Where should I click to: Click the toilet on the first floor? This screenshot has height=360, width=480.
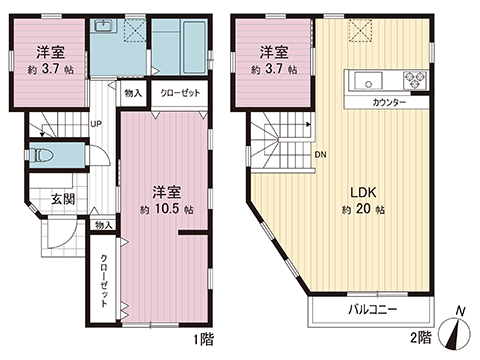pos(43,156)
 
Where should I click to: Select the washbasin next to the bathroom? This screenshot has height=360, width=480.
pos(104,31)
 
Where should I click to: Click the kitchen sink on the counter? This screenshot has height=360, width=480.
pos(364,81)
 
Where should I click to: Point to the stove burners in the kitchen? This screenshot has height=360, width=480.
pos(412,81)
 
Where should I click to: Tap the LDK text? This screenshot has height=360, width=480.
pos(360,191)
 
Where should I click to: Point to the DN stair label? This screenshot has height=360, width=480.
pos(319,155)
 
